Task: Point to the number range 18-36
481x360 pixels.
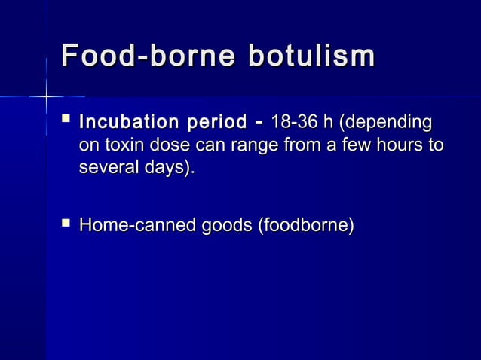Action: [295, 121]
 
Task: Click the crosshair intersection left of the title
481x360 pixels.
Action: [46, 97]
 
